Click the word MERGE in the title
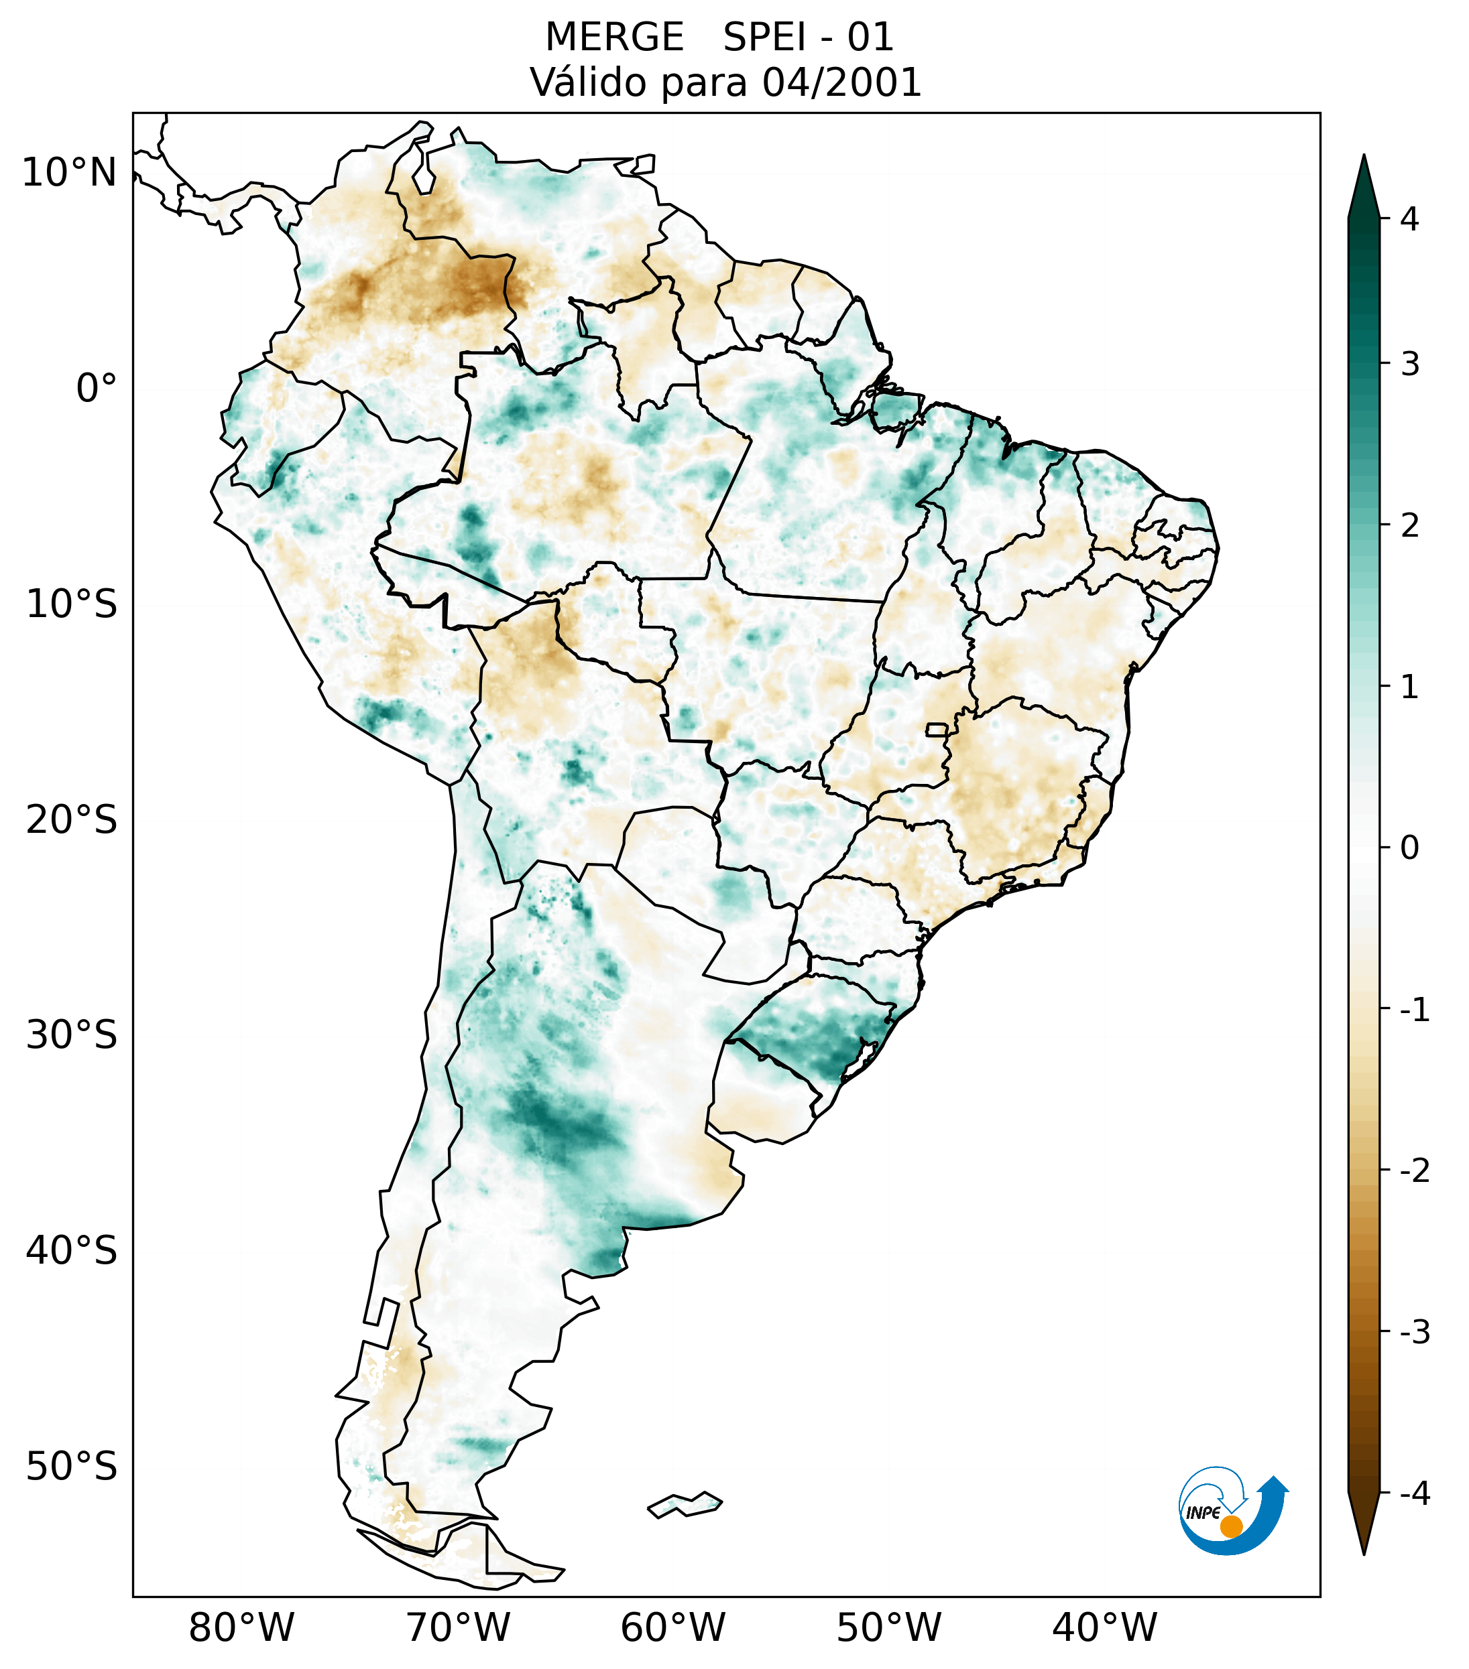click(613, 38)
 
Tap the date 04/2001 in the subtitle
click(841, 82)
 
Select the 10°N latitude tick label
click(68, 173)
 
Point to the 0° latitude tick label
click(96, 389)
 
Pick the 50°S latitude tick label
click(72, 1467)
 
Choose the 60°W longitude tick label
click(672, 1627)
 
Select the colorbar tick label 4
click(1409, 219)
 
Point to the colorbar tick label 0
click(1409, 848)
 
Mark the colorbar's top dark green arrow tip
click(1363, 159)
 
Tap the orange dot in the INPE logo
click(1231, 1526)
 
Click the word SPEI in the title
click(764, 38)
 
